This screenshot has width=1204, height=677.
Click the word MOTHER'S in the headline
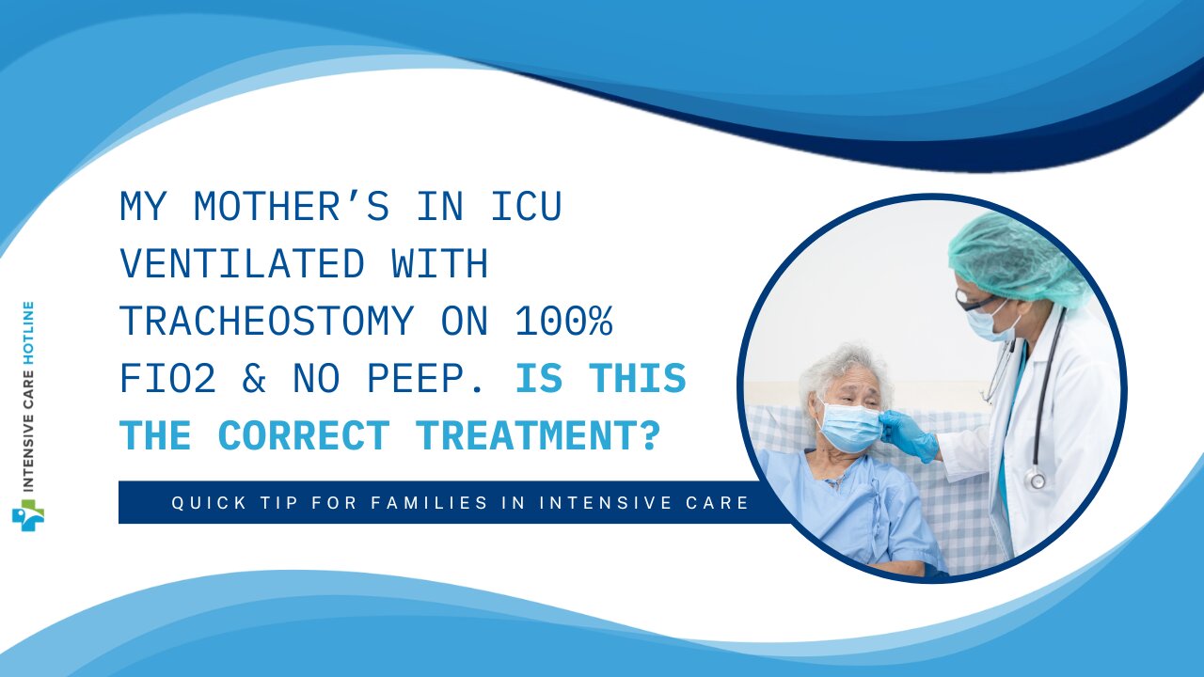291,207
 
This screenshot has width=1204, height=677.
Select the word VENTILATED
243,264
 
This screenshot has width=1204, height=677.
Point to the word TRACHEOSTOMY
266,322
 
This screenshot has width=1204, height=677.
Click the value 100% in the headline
563,322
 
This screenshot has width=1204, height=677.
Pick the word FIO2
167,379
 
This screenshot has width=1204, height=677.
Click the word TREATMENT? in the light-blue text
537,435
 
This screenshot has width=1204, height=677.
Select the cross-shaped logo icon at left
28,514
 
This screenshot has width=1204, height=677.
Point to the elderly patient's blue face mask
849,426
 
